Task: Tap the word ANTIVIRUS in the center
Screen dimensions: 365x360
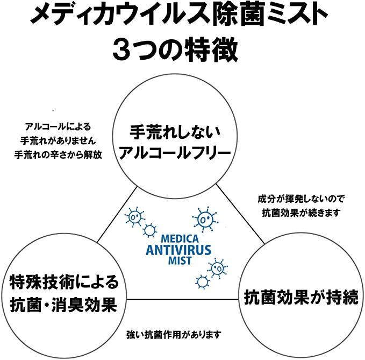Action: tap(177, 249)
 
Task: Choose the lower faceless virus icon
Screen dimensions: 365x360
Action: tap(202, 281)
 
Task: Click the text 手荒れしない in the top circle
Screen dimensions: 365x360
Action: tap(175, 132)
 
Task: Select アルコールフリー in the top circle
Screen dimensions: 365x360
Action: tap(175, 153)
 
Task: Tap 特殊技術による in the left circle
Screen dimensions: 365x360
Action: tap(63, 281)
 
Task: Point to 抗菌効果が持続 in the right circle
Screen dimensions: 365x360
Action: tap(300, 297)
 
